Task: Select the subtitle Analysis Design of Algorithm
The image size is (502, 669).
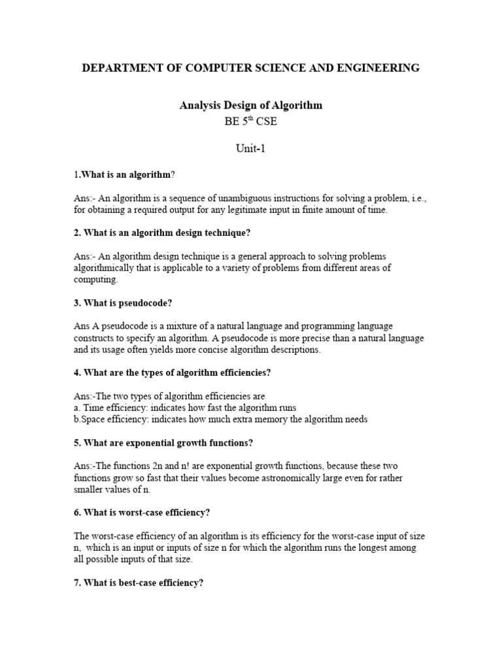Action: point(251,105)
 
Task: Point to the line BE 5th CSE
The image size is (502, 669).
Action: point(251,122)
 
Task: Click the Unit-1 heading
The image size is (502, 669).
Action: point(251,148)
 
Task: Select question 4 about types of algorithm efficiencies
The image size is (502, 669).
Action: point(172,372)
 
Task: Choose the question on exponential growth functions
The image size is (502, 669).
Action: point(163,442)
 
